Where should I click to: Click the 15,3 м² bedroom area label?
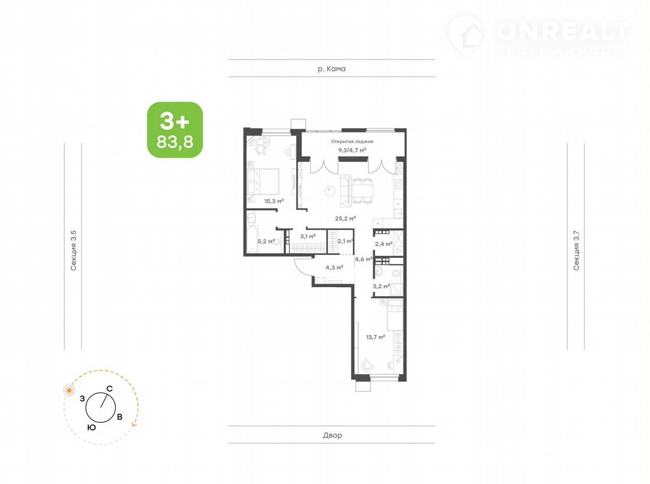pyautogui.click(x=274, y=201)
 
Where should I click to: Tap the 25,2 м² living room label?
pyautogui.click(x=345, y=219)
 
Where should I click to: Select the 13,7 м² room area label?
pyautogui.click(x=375, y=337)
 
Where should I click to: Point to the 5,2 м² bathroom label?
pyautogui.click(x=266, y=241)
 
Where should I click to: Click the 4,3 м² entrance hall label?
pyautogui.click(x=334, y=268)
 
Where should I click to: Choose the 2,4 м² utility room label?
pyautogui.click(x=384, y=244)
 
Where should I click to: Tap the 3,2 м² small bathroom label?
pyautogui.click(x=381, y=286)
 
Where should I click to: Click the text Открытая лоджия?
pyautogui.click(x=352, y=141)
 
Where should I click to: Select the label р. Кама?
pyautogui.click(x=332, y=69)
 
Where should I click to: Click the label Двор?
pyautogui.click(x=332, y=435)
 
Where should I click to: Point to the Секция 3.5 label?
pyautogui.click(x=73, y=251)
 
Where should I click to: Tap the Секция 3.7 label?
pyautogui.click(x=576, y=251)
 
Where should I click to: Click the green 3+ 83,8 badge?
pyautogui.click(x=175, y=130)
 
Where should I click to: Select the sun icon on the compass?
pyautogui.click(x=69, y=390)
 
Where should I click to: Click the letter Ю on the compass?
pyautogui.click(x=92, y=428)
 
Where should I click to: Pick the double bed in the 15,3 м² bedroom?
pyautogui.click(x=263, y=181)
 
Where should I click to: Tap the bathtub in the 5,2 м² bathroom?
pyautogui.click(x=252, y=239)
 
